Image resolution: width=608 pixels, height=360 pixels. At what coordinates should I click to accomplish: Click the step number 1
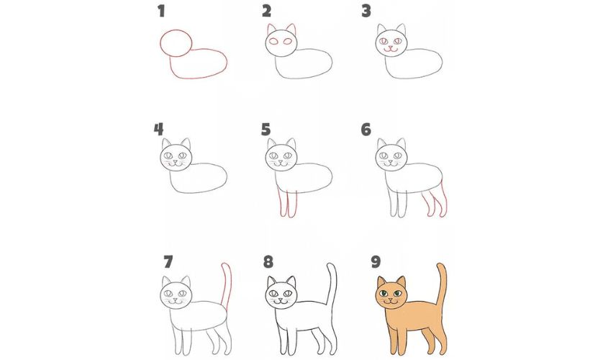coord(161,11)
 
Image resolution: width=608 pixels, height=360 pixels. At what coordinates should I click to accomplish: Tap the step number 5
coord(266,130)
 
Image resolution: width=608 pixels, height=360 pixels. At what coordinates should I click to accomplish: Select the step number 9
coord(376,262)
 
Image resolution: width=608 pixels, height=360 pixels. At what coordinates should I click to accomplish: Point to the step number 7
coord(168,262)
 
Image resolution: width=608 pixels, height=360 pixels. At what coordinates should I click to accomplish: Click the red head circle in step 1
coord(160,42)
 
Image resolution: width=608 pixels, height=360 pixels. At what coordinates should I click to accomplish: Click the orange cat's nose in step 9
coord(391,298)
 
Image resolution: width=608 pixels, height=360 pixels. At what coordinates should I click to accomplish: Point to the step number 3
coord(366,11)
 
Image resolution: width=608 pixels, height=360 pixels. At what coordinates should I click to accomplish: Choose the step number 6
coord(366,130)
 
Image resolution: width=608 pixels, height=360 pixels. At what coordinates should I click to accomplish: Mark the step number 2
coord(266,11)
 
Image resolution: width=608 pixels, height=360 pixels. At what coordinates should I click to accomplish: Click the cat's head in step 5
coord(281,157)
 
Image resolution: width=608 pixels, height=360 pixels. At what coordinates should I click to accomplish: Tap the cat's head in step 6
coord(391,157)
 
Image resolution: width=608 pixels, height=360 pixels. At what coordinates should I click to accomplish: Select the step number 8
coord(268,262)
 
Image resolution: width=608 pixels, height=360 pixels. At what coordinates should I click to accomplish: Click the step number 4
coord(158,130)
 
